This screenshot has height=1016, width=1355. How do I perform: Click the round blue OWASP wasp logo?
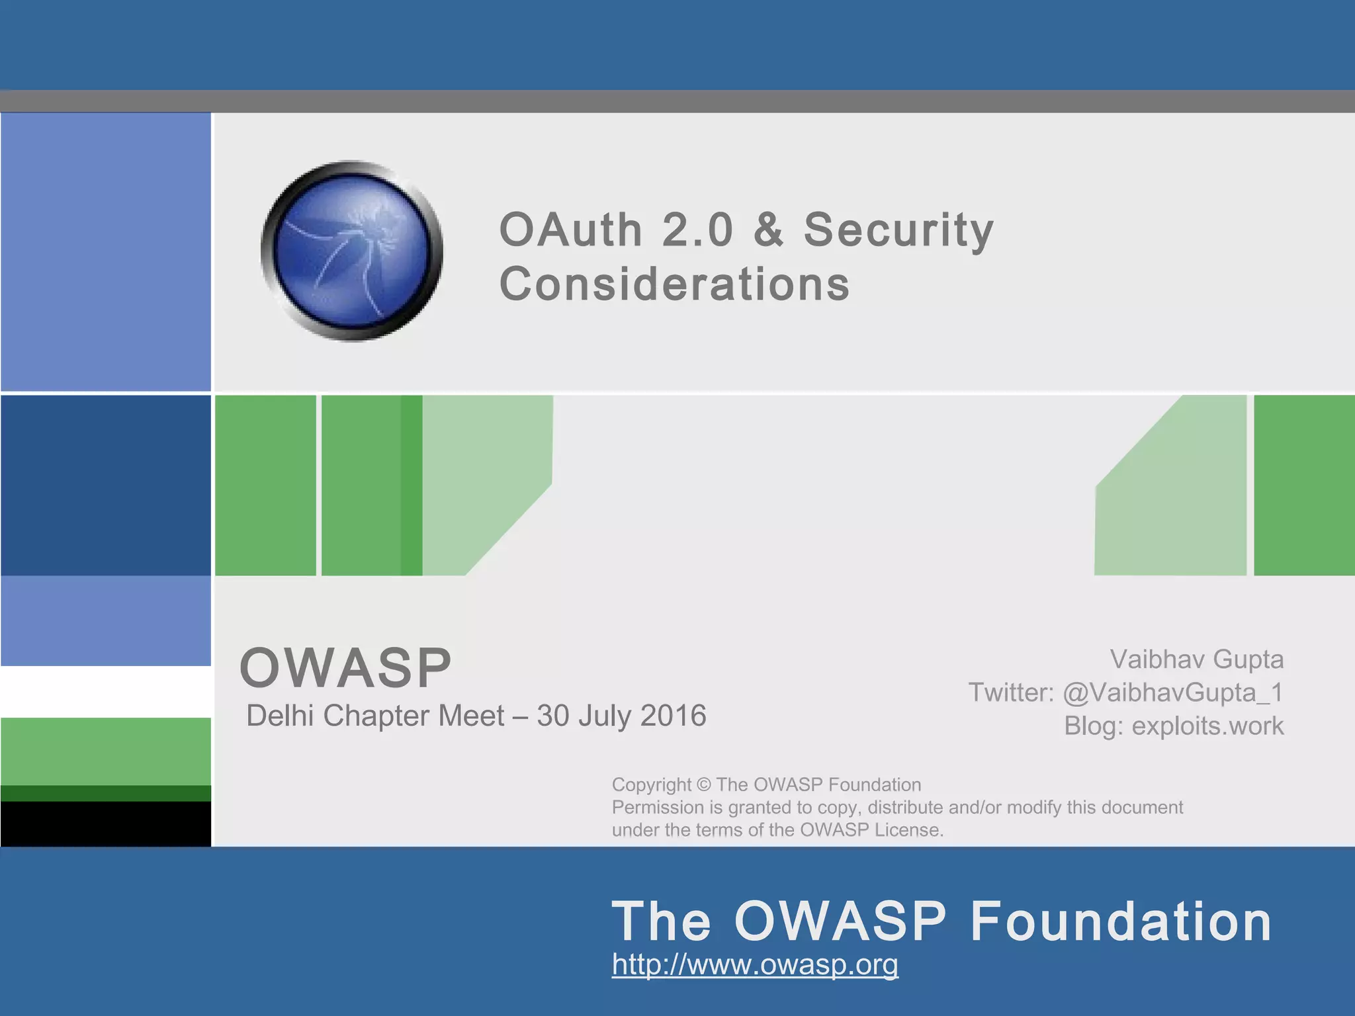click(x=352, y=251)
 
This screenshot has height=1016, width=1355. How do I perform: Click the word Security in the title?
click(x=898, y=230)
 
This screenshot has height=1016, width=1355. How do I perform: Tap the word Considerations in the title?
click(x=674, y=284)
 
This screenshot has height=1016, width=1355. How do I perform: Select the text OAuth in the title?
click(x=570, y=230)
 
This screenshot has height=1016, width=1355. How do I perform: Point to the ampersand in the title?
click(x=768, y=230)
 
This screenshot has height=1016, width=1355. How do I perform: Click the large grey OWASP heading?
click(x=345, y=667)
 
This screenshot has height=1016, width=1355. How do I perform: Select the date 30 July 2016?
click(x=621, y=716)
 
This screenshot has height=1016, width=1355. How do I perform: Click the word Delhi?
click(x=280, y=716)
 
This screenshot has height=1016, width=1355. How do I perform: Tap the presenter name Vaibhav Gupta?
click(x=1196, y=659)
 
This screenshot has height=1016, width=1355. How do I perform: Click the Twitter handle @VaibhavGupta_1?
click(x=1172, y=693)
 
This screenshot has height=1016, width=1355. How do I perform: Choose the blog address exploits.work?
click(x=1207, y=726)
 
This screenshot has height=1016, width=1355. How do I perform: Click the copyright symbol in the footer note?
click(x=703, y=785)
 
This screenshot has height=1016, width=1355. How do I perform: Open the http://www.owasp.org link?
click(x=755, y=964)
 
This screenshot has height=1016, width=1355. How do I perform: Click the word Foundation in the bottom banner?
click(x=1121, y=921)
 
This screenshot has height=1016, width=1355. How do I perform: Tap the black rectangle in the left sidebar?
click(x=106, y=824)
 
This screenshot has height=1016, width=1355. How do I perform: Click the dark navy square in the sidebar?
click(x=106, y=485)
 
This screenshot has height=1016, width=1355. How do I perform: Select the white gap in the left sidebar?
click(x=106, y=691)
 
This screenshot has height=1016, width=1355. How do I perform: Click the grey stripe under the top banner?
click(x=677, y=101)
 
